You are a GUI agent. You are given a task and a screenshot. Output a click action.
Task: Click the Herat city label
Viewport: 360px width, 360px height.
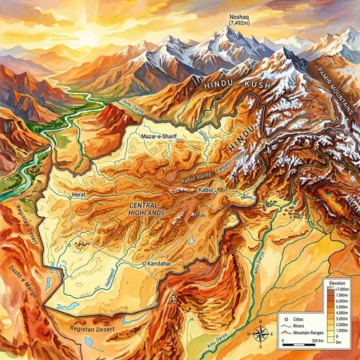[x=80, y=195]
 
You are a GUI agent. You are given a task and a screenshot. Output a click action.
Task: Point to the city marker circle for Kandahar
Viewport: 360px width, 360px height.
[x=145, y=264]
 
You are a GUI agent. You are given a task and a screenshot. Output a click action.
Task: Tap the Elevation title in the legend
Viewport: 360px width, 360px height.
[x=336, y=283]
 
